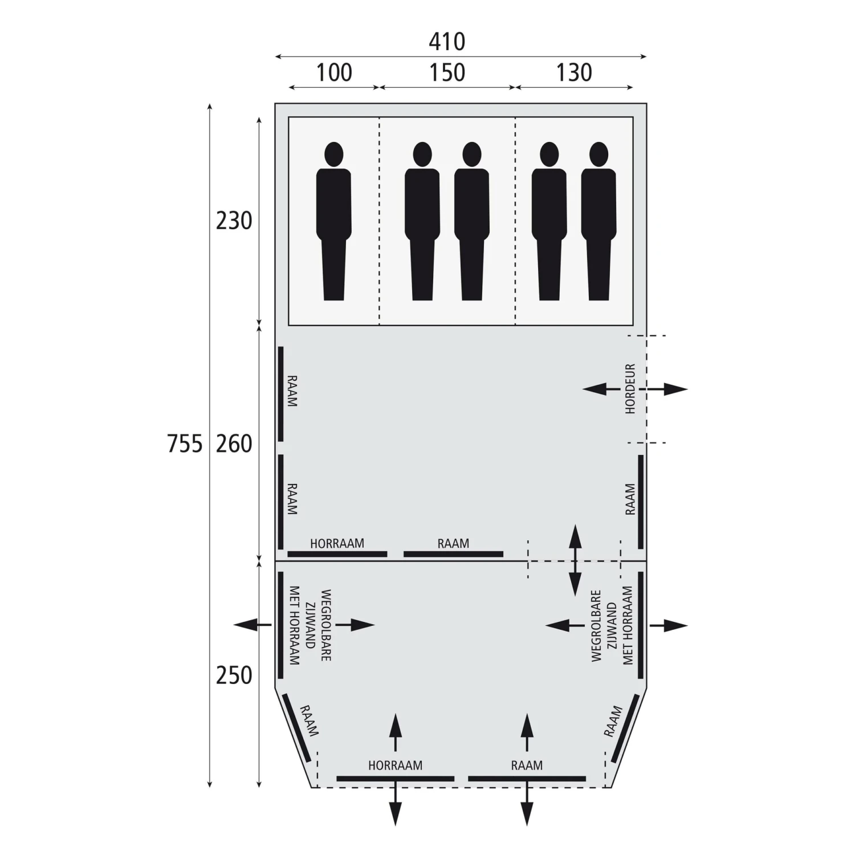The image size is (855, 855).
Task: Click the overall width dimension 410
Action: click(447, 42)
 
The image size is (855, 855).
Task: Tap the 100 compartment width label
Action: click(334, 73)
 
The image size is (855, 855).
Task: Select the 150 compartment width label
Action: click(447, 73)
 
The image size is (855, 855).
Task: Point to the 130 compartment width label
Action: click(574, 73)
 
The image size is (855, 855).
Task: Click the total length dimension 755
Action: click(185, 444)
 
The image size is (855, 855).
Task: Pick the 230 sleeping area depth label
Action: click(234, 221)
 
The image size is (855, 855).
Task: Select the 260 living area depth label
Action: click(234, 444)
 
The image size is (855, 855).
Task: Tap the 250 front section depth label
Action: click(234, 675)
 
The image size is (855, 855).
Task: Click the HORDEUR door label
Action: click(630, 389)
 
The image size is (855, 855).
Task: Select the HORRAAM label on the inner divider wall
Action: click(337, 544)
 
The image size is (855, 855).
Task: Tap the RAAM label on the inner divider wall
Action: click(453, 544)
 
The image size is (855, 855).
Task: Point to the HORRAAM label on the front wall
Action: click(395, 766)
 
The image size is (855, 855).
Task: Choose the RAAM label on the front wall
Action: click(527, 766)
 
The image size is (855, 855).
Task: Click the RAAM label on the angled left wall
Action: click(309, 720)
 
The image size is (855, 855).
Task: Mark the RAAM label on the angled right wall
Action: click(613, 722)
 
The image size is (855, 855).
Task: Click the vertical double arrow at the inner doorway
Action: click(575, 561)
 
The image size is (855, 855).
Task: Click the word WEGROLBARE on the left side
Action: click(326, 625)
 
